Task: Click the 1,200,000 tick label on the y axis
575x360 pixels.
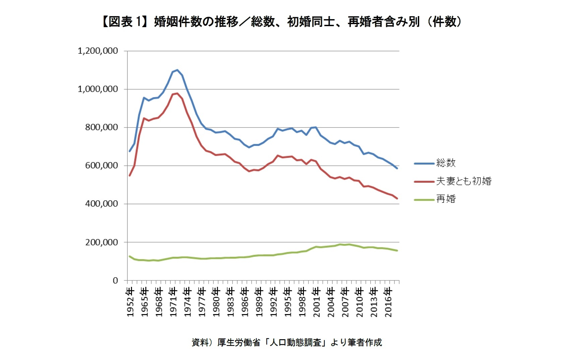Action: (98, 51)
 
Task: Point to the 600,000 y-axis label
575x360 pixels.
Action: (101, 166)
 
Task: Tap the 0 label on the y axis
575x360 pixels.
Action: (115, 281)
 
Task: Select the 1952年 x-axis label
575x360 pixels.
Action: (130, 302)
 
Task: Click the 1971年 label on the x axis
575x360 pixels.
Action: (173, 302)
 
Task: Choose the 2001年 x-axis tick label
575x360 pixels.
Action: (317, 302)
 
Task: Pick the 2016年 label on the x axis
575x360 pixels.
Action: (388, 302)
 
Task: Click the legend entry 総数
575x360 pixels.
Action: (446, 163)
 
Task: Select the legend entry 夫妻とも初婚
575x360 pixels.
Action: (463, 181)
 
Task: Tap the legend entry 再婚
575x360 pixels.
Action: (446, 199)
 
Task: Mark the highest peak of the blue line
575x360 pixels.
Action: (177, 70)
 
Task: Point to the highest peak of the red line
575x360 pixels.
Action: (177, 93)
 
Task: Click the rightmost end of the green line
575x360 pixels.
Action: (397, 250)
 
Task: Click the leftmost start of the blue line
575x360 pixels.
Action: (130, 151)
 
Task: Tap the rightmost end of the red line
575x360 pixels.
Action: (397, 198)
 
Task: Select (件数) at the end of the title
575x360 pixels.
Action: (444, 22)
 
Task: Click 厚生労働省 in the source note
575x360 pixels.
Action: (239, 342)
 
